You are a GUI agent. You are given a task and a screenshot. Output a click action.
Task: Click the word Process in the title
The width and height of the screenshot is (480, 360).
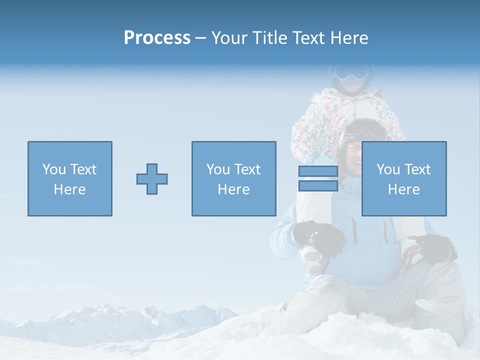click(157, 38)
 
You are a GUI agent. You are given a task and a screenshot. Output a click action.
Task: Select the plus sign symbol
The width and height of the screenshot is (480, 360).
click(152, 179)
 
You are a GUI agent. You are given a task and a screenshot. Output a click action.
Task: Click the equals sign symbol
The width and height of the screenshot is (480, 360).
click(318, 178)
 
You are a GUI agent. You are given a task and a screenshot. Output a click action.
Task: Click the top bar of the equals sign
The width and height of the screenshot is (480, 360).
click(318, 171)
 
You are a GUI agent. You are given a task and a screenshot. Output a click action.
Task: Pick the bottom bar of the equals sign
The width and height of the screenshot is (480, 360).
click(318, 186)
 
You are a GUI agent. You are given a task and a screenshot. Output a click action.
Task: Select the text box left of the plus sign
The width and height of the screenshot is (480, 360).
click(70, 178)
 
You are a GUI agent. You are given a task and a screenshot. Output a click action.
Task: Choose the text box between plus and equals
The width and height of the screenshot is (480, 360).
click(233, 178)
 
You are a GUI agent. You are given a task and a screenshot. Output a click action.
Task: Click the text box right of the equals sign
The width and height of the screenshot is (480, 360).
click(404, 178)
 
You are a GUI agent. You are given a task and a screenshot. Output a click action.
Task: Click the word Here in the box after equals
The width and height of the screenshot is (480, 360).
click(404, 189)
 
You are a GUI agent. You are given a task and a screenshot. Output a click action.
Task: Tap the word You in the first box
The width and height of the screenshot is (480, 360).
click(52, 169)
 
